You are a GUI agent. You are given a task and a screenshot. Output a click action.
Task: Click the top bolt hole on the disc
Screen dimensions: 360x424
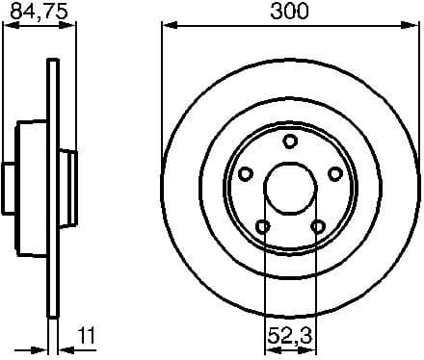(290, 142)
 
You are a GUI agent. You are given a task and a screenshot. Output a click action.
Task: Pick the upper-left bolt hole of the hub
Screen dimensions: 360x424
(245, 174)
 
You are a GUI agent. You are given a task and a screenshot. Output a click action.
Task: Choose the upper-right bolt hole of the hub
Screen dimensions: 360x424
(335, 174)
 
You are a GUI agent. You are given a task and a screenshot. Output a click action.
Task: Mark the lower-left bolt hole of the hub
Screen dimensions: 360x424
(262, 227)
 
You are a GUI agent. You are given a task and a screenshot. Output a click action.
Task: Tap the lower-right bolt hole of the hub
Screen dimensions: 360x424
(318, 227)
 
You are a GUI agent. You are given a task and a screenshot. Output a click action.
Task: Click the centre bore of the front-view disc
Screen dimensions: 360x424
(290, 189)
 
